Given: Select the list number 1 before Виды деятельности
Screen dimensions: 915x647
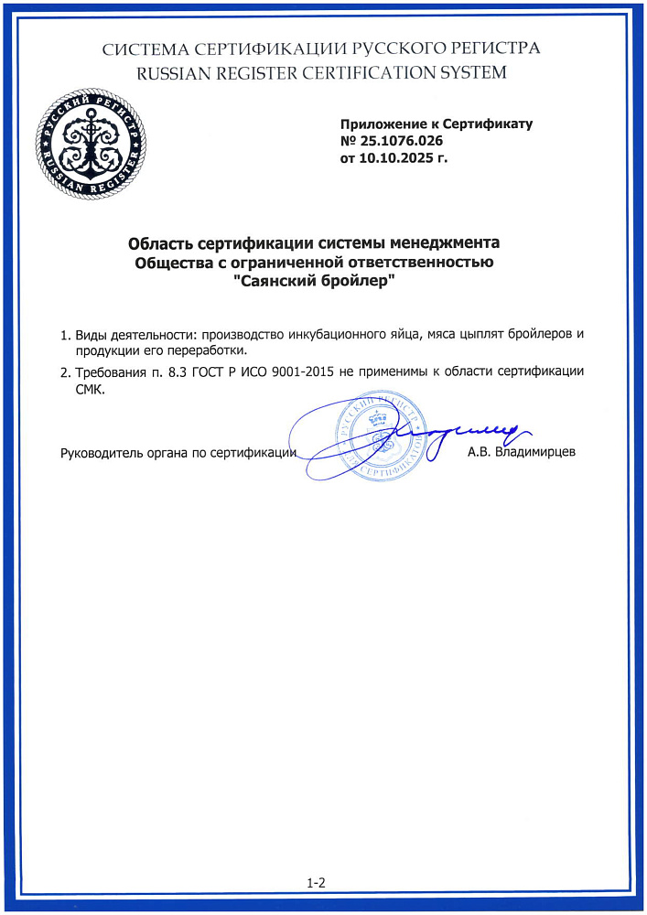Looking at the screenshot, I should [x=63, y=335].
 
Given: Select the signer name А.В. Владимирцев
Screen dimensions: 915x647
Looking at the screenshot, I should [x=521, y=452].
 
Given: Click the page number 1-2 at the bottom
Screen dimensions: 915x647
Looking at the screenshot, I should [x=317, y=883].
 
